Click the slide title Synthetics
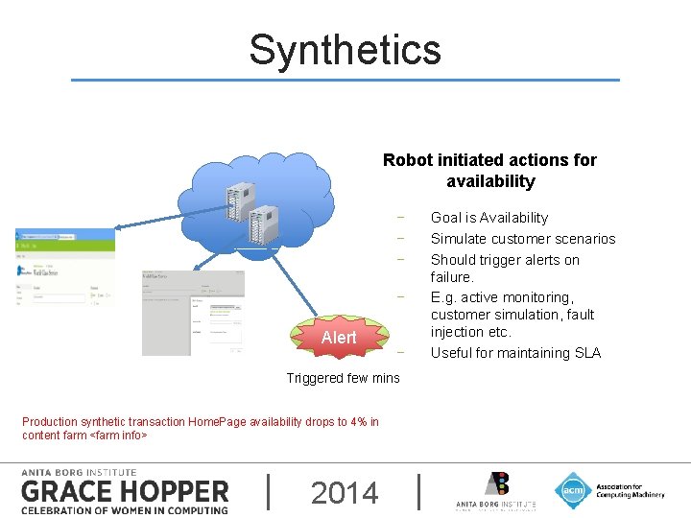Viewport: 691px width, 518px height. pyautogui.click(x=345, y=50)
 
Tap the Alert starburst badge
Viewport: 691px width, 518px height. pyautogui.click(x=339, y=338)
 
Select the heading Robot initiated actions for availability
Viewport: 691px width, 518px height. pyautogui.click(x=489, y=171)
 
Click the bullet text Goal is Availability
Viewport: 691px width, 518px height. pyautogui.click(x=488, y=218)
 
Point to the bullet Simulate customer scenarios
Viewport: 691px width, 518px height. pyautogui.click(x=522, y=239)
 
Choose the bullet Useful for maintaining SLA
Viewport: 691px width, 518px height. pyautogui.click(x=515, y=353)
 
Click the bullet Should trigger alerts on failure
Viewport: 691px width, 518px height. pyautogui.click(x=504, y=268)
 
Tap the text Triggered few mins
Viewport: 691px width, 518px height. pyautogui.click(x=343, y=378)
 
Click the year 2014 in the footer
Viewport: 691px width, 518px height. pyautogui.click(x=345, y=493)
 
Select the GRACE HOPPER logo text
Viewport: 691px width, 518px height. pyautogui.click(x=125, y=492)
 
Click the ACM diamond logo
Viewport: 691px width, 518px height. pyautogui.click(x=573, y=490)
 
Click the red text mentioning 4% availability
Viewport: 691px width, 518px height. pyautogui.click(x=200, y=422)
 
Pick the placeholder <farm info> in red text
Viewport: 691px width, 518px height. pyautogui.click(x=118, y=436)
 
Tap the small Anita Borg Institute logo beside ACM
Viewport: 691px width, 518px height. pyautogui.click(x=495, y=490)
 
